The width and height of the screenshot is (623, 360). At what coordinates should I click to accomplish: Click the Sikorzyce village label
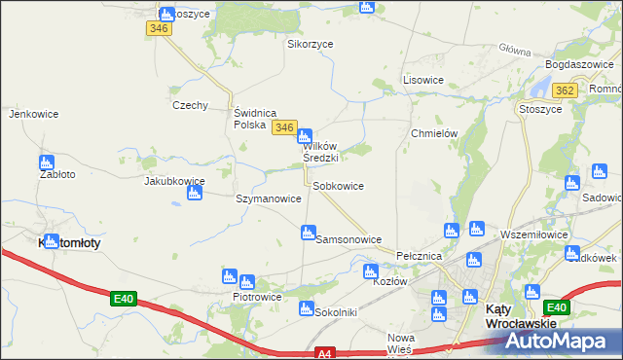point(310,44)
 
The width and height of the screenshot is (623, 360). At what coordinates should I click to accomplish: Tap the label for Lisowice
point(423,80)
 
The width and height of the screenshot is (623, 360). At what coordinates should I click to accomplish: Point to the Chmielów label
point(434,133)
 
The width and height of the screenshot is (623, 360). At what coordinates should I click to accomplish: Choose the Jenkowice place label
point(29,114)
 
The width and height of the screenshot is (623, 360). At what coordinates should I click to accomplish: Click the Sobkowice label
point(338,186)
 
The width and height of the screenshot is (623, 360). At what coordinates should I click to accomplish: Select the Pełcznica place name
point(420,255)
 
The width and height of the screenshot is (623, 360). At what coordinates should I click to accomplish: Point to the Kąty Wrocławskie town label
point(521,315)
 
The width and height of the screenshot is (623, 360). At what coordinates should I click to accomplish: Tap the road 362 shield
point(563,90)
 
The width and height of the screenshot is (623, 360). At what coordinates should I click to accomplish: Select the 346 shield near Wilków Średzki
point(284,127)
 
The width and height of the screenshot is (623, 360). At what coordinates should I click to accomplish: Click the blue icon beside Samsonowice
point(308,233)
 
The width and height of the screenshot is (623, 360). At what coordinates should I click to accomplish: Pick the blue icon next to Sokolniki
point(306,309)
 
